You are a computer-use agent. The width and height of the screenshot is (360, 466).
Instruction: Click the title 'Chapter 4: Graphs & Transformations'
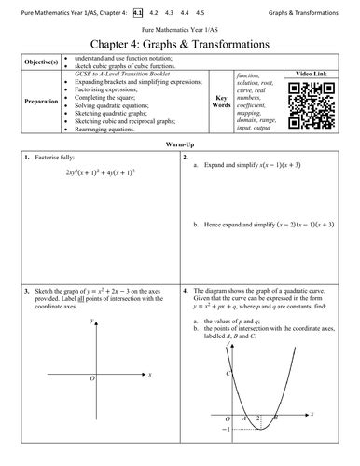pos(180,44)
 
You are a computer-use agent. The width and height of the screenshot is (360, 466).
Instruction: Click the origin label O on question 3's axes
pos(91,379)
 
